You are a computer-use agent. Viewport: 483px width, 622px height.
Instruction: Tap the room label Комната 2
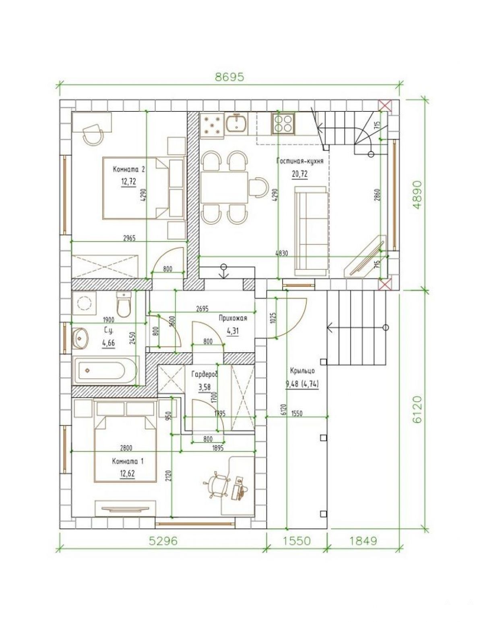coord(129,169)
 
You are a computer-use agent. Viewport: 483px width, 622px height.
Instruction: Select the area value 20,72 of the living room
coord(300,174)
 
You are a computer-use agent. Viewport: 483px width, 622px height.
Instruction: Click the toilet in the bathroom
coord(124,304)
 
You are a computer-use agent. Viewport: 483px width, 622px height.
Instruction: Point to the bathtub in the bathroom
coord(105,370)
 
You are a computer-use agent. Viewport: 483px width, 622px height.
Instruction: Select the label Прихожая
coord(232,318)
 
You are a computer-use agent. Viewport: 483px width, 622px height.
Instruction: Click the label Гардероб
coord(204,374)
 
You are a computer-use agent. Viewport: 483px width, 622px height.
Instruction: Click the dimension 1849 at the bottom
coord(363,541)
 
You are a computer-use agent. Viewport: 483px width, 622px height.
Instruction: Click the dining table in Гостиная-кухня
coord(224,187)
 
